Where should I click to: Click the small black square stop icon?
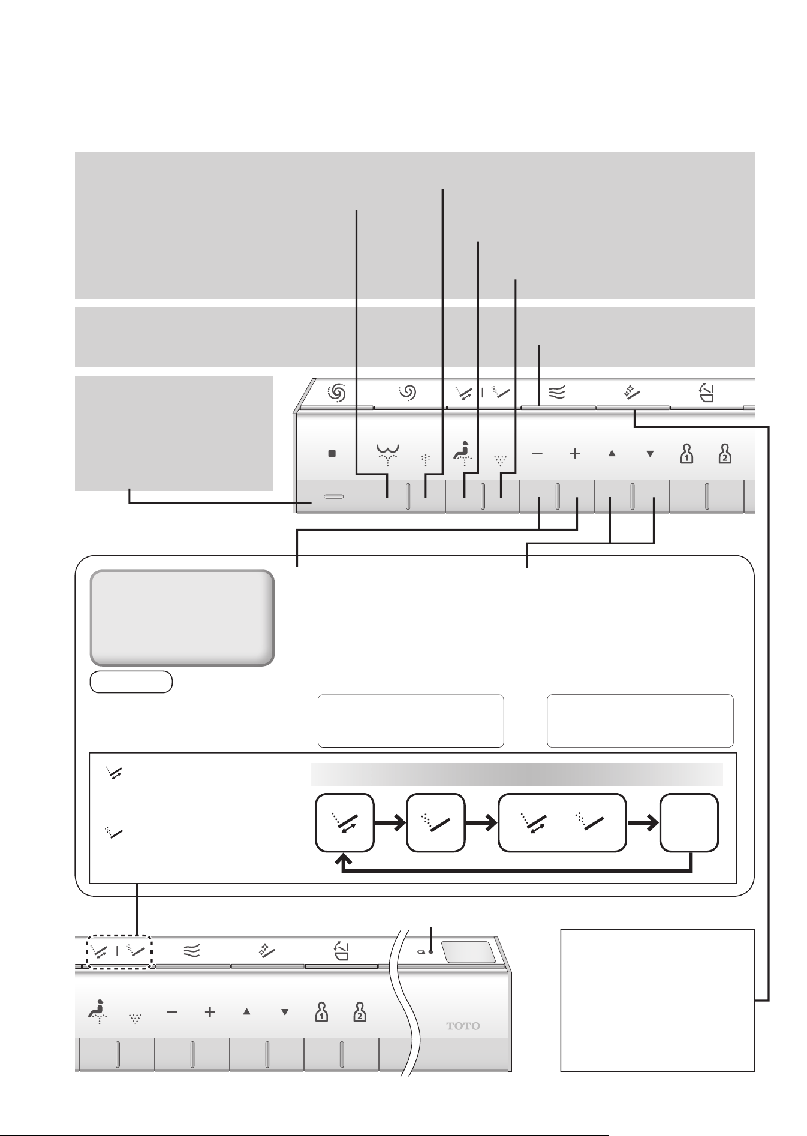(332, 454)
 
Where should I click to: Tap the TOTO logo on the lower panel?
(463, 1026)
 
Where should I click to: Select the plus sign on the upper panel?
(575, 454)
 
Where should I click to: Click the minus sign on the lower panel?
(172, 1012)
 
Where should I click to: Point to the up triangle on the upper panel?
(612, 454)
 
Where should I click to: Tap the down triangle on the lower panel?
(285, 1012)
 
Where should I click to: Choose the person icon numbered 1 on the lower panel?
(322, 1012)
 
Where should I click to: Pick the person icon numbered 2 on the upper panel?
(725, 454)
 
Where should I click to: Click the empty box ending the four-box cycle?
(689, 822)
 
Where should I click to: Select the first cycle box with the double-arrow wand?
(345, 822)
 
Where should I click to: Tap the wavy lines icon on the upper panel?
(558, 393)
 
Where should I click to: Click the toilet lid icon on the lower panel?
(341, 951)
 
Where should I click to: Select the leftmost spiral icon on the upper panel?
(337, 393)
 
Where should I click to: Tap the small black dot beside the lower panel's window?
(430, 951)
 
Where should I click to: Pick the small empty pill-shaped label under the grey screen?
(131, 682)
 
